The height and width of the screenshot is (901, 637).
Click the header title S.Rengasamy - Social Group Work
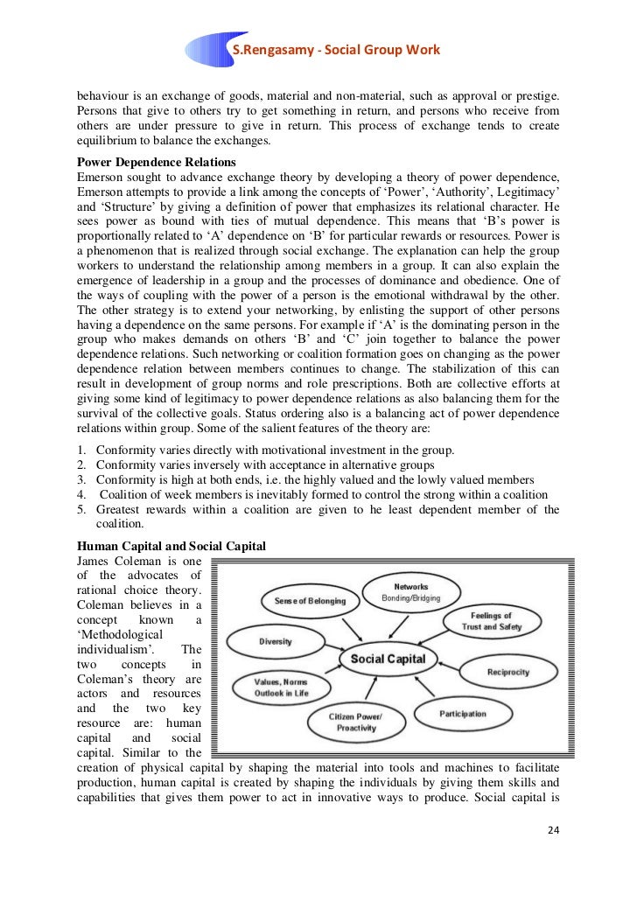point(334,49)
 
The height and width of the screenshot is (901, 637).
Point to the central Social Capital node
point(388,659)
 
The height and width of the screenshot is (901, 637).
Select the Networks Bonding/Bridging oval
point(410,592)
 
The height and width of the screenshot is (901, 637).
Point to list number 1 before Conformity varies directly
point(81,450)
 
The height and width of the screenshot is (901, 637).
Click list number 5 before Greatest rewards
point(81,509)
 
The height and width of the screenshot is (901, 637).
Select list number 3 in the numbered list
point(81,479)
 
